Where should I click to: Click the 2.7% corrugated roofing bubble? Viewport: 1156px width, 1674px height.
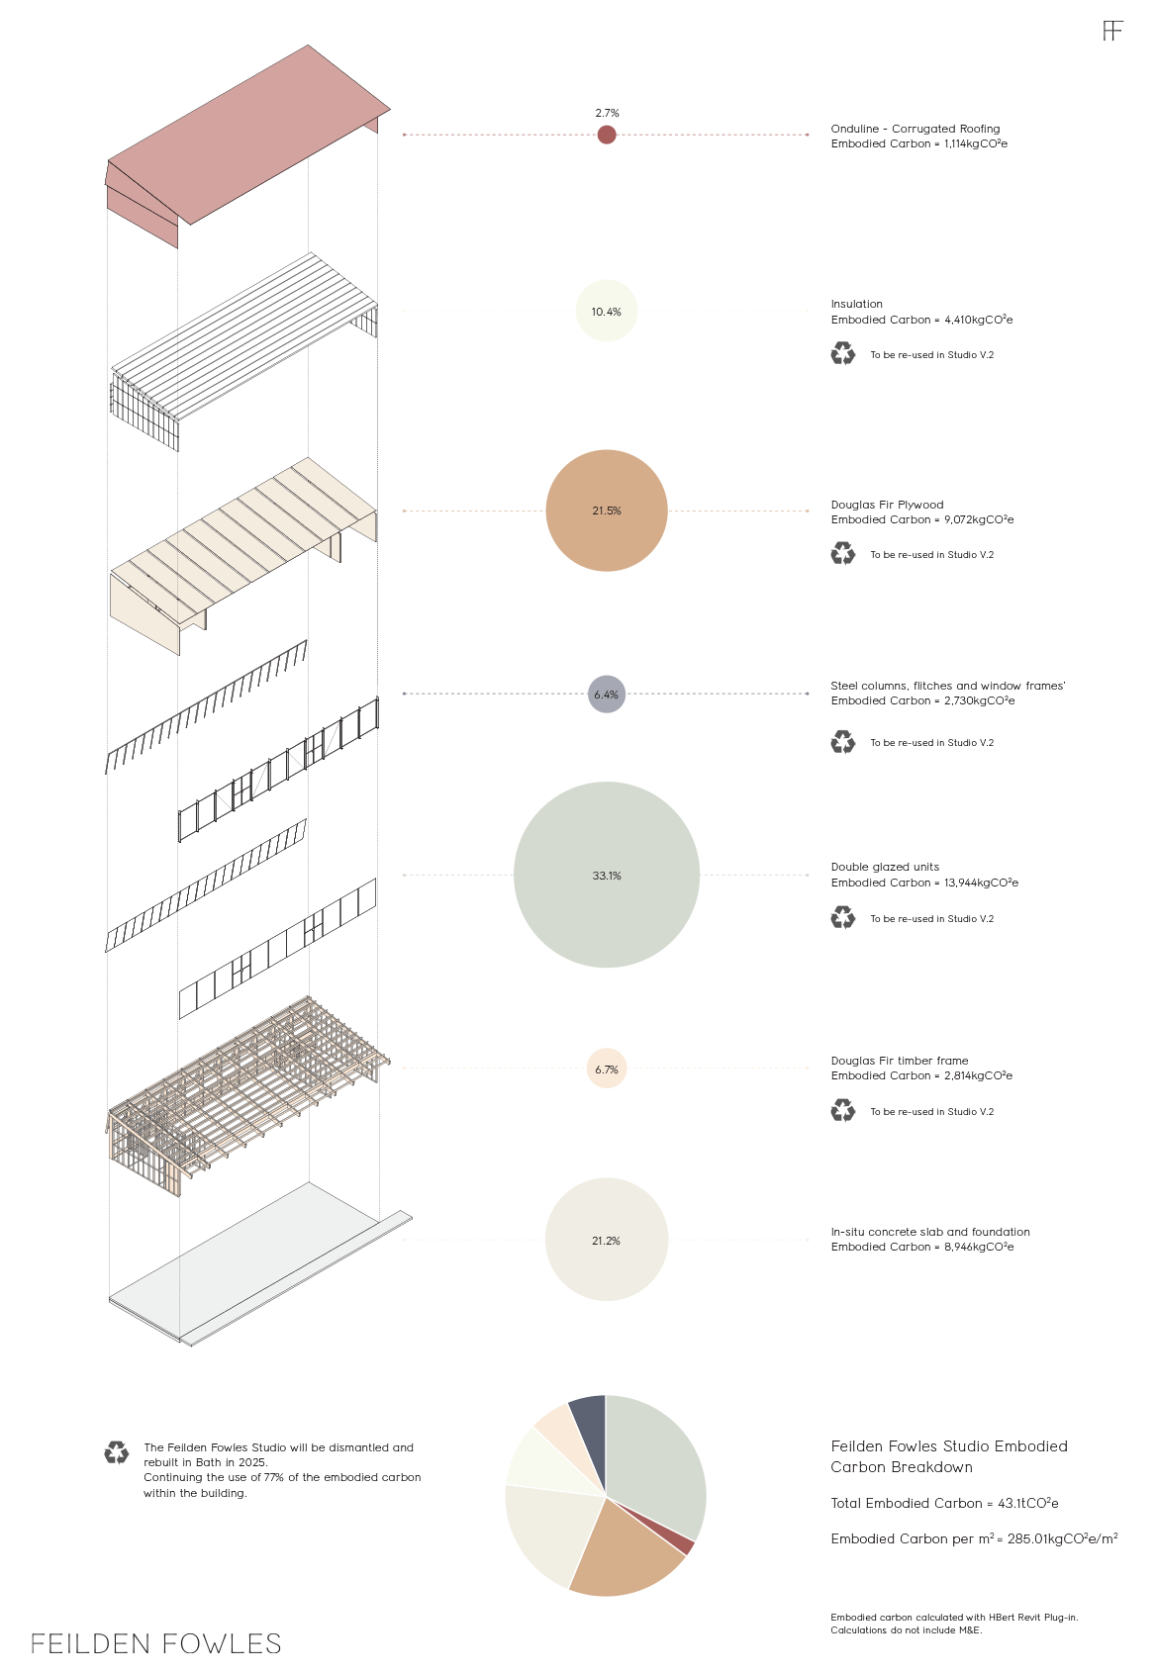point(607,135)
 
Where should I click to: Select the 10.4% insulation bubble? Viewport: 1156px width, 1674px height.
point(607,311)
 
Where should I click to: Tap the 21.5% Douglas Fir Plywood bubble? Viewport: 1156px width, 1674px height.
point(607,511)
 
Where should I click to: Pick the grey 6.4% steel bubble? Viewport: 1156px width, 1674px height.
point(607,695)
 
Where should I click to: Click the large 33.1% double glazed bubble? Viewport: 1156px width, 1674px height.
point(607,875)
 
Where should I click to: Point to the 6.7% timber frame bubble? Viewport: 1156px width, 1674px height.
point(607,1069)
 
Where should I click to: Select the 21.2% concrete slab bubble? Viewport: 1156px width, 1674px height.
point(607,1240)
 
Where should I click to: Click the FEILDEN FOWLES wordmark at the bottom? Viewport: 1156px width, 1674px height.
point(156,1644)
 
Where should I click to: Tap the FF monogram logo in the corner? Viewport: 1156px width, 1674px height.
point(1113,31)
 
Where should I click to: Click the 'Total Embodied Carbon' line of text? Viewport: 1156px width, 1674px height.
point(944,1503)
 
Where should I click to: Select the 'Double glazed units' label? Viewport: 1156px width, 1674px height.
point(885,867)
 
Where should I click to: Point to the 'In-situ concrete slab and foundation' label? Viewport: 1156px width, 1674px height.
point(930,1232)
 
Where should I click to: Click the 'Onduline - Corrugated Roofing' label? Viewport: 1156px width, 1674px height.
point(915,129)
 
